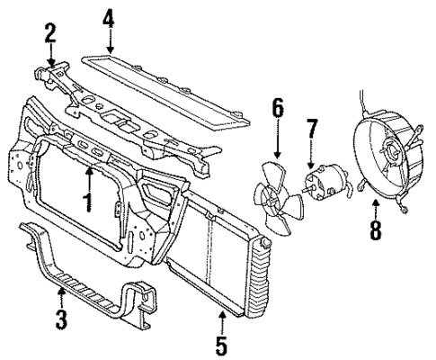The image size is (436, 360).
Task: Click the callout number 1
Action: [87, 200]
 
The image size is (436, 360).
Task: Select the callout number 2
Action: [50, 35]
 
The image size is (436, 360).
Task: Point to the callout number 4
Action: [108, 17]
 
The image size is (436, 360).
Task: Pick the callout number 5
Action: [220, 343]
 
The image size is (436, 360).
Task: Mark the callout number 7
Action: [312, 129]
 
